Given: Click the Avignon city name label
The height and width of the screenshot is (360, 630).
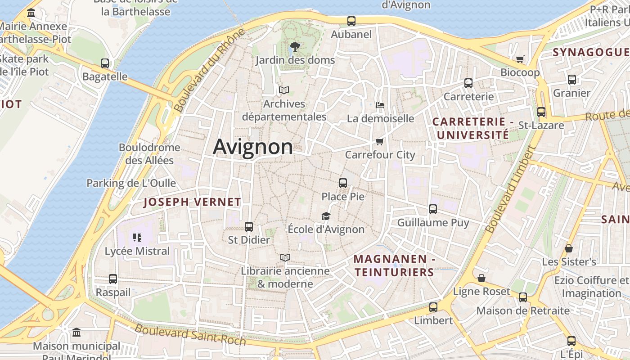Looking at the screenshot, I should (253, 147).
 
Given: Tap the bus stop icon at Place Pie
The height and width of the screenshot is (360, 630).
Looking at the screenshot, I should (343, 183).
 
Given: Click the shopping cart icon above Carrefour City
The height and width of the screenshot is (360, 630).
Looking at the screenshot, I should (380, 142).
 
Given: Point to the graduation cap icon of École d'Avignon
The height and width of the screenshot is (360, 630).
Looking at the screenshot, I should (326, 216).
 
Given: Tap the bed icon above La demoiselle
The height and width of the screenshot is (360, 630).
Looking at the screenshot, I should (380, 105).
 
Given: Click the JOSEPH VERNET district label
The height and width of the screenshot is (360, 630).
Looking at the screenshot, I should (192, 202).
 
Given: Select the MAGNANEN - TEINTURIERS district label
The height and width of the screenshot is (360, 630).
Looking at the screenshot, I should (394, 265).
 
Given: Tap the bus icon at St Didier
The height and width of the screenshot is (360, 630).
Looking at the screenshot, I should (249, 227).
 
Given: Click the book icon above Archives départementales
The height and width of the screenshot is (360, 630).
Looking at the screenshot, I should (283, 90).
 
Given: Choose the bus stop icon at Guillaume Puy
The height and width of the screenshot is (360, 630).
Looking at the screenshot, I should (433, 209).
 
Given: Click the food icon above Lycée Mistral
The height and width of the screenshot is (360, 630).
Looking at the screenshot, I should (137, 237).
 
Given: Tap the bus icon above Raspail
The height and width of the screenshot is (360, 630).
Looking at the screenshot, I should (113, 279).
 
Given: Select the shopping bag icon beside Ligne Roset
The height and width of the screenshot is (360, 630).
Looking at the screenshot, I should (481, 278).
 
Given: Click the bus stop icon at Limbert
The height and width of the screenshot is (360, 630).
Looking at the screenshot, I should (433, 307).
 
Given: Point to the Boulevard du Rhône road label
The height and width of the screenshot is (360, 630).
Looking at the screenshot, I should (209, 70).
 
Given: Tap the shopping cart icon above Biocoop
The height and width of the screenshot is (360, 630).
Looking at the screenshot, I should (520, 59).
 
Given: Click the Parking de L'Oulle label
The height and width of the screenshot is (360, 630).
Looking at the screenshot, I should (131, 183).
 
